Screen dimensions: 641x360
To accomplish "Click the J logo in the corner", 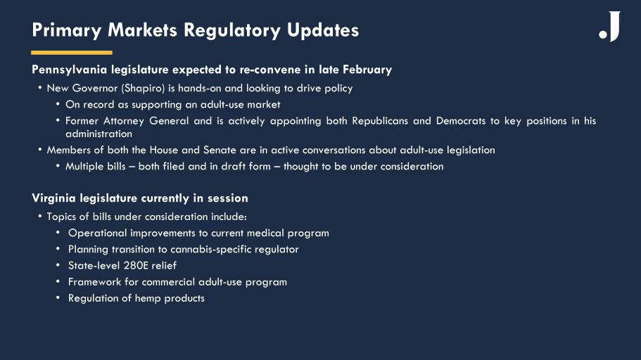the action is [x=610, y=26].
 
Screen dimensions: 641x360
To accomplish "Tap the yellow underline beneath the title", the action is [x=72, y=53].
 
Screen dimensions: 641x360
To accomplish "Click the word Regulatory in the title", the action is [x=232, y=31].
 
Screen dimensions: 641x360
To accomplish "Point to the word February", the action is [x=367, y=70].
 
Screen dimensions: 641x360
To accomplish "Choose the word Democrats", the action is [x=460, y=121].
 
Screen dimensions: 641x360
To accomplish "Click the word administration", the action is [x=99, y=134].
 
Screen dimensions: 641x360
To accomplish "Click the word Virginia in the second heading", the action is [x=54, y=198].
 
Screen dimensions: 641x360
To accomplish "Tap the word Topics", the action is [x=61, y=217].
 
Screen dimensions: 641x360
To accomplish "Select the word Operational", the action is [x=98, y=233].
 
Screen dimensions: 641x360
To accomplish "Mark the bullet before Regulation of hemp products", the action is [x=58, y=297].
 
